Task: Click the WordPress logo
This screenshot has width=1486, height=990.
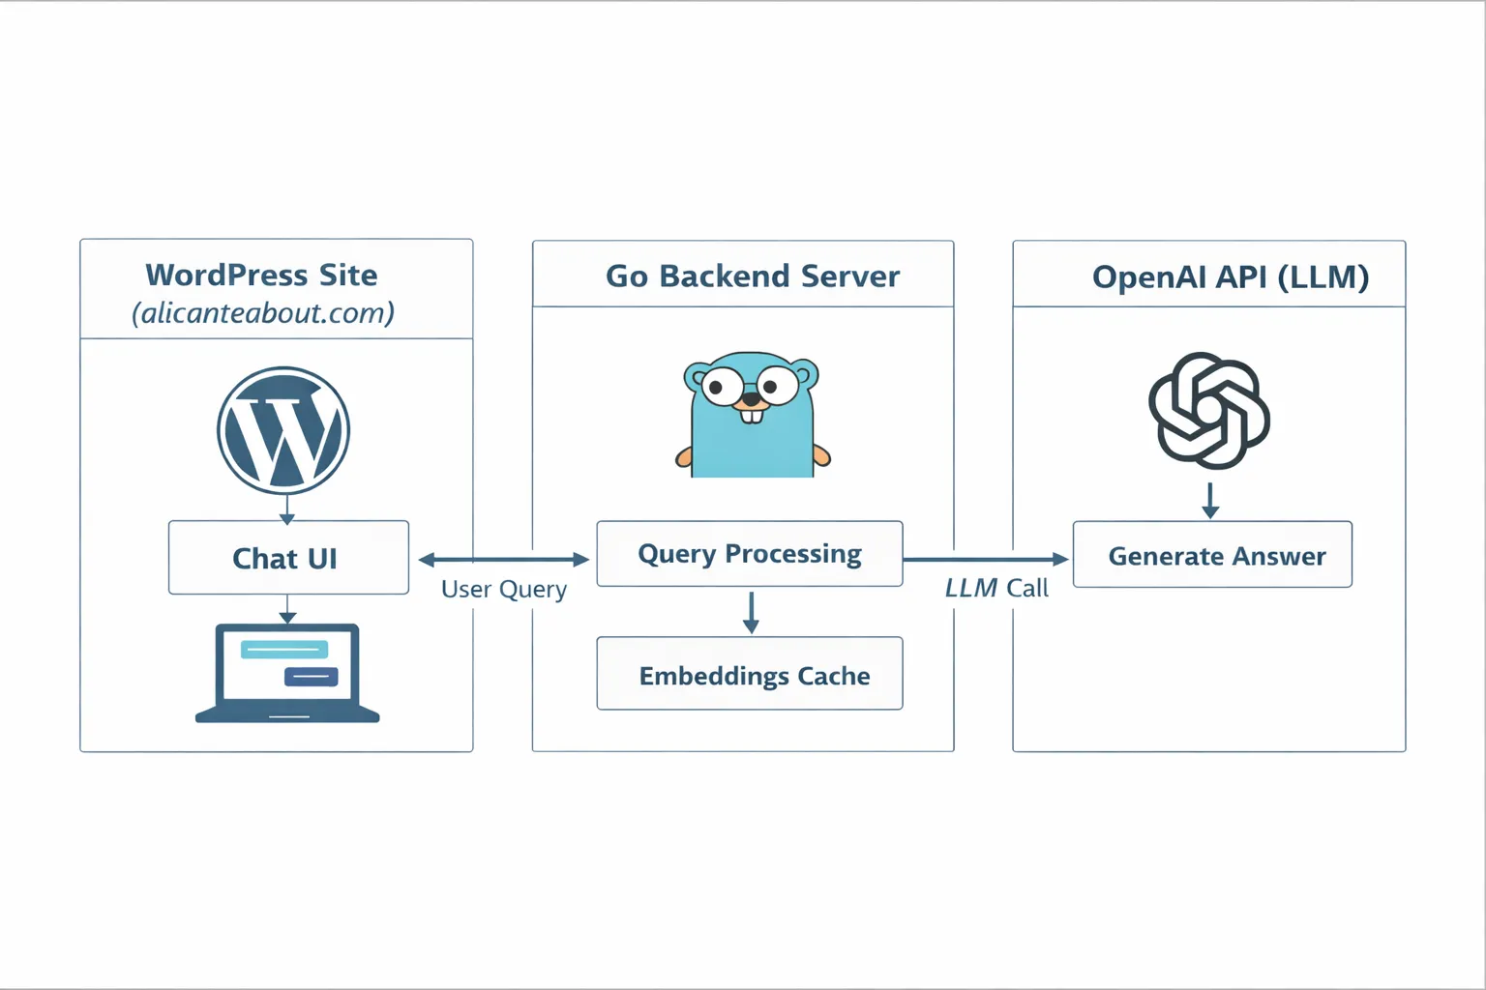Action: click(283, 430)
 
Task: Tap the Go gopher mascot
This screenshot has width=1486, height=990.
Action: click(753, 416)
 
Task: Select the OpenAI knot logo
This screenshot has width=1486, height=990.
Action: click(1209, 411)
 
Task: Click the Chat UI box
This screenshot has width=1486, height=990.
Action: click(288, 558)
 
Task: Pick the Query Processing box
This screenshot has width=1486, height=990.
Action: click(750, 554)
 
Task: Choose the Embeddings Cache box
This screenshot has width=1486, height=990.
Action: click(750, 674)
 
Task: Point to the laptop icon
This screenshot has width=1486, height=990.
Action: click(287, 673)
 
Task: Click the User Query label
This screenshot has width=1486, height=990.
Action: click(504, 589)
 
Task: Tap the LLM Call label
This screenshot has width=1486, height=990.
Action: click(996, 588)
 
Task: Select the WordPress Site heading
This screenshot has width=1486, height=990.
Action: click(261, 275)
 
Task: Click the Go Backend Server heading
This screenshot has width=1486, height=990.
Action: click(752, 277)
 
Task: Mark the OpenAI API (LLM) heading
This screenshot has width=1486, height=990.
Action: click(1230, 277)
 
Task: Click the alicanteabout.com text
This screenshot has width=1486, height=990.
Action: click(263, 313)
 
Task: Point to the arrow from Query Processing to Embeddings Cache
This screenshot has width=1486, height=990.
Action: click(751, 612)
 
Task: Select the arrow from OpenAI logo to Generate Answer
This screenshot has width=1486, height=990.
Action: click(1209, 500)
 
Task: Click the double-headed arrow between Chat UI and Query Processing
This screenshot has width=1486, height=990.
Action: click(503, 559)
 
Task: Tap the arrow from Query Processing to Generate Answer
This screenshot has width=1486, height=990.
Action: click(985, 559)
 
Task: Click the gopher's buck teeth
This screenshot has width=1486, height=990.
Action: click(752, 416)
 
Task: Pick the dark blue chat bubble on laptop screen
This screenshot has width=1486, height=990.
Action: click(311, 676)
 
